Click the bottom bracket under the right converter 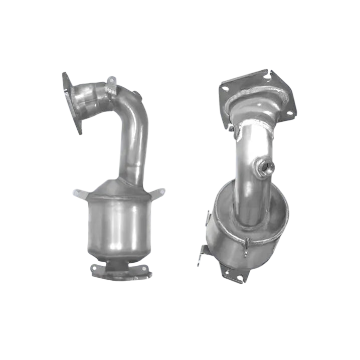[234, 274]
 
